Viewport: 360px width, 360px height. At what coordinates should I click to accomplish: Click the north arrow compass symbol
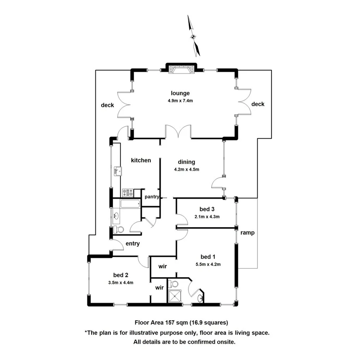194,36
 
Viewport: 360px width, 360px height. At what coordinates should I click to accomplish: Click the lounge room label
180,93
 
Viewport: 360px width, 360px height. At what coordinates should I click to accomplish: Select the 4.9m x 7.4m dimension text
180,101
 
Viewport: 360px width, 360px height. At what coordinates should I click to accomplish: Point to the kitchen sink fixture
118,171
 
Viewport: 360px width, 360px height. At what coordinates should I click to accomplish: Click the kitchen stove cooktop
127,192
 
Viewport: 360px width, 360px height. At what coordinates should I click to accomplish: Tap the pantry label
152,197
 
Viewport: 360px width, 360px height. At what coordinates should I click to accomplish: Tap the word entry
132,244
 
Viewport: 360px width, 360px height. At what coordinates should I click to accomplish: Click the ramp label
247,233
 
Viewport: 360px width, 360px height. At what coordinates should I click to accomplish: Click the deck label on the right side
258,104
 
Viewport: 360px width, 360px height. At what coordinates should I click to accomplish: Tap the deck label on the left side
107,105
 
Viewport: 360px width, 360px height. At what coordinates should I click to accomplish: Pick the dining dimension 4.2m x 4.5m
186,169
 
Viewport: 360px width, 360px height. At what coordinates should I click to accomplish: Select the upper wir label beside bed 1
163,267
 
